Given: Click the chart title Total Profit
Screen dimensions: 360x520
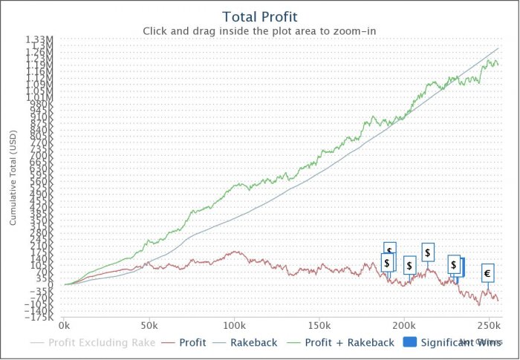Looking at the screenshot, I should tap(259, 16).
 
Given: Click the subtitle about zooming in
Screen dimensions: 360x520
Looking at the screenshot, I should tap(259, 31).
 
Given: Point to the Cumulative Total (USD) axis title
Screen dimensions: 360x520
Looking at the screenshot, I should tap(13, 183).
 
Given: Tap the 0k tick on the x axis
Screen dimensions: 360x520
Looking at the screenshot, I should tap(65, 326).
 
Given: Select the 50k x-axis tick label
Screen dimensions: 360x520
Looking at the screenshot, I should tap(149, 326).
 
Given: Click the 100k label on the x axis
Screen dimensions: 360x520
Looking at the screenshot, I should tap(234, 326).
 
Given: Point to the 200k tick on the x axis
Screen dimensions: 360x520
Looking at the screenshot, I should tap(404, 326).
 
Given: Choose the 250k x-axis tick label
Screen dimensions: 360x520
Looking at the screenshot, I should tap(488, 326).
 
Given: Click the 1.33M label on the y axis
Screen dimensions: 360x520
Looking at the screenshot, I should tap(39, 39).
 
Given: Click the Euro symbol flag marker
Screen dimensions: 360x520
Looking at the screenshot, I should tap(487, 273).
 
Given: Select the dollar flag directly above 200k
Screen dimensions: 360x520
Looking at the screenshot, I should tap(409, 265).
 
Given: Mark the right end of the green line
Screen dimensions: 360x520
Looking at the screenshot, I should tap(498, 65).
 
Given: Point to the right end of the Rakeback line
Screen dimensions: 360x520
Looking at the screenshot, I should tap(498, 48).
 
